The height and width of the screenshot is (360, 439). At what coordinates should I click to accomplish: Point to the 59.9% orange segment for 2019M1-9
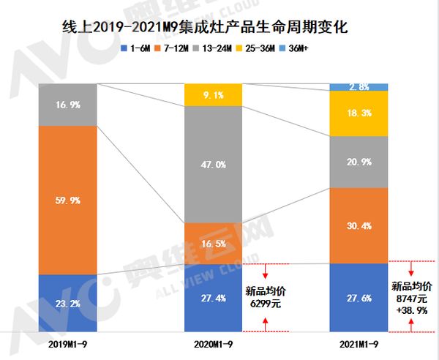click(68, 200)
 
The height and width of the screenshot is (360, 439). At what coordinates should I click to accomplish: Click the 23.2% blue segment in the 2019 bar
click(68, 303)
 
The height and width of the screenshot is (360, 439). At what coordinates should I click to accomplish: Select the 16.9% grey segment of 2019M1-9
click(68, 105)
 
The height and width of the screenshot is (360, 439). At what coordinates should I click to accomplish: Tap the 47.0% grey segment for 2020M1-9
click(213, 165)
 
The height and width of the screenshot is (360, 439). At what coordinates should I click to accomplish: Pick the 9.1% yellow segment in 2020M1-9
click(213, 94)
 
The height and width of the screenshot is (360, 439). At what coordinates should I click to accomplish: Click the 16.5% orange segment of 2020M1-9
click(213, 242)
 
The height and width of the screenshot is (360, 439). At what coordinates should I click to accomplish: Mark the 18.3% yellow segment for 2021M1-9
click(359, 113)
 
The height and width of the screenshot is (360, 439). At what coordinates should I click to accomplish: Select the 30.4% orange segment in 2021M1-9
click(359, 226)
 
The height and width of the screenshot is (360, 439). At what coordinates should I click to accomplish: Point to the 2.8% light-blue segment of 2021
click(359, 87)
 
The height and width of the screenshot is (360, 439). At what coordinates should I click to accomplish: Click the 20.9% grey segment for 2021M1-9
click(359, 162)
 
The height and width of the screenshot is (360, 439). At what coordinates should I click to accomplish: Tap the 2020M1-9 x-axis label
click(213, 344)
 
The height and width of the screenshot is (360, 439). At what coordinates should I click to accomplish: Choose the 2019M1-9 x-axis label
click(68, 344)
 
